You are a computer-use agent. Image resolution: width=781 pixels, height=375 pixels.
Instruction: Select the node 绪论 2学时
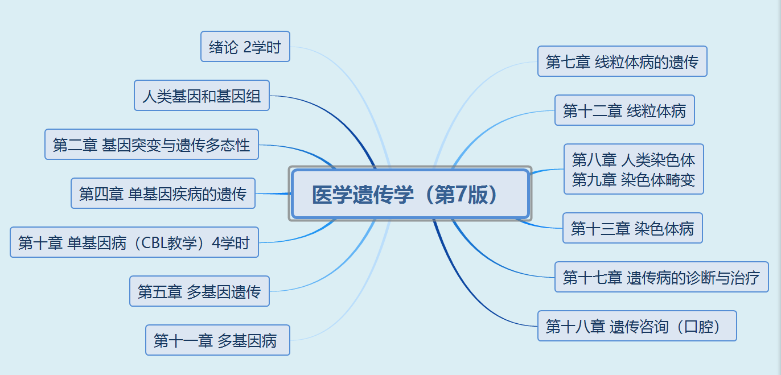[245, 47]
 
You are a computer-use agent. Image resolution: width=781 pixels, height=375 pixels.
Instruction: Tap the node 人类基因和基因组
[202, 96]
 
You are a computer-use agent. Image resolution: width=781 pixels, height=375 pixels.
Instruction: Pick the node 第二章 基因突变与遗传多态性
[151, 145]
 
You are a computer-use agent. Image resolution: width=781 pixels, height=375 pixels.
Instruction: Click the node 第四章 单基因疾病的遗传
[163, 193]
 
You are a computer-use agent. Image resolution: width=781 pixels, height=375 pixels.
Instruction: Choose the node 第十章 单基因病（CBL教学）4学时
[134, 242]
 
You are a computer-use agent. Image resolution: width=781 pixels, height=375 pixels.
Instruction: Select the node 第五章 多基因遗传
[199, 291]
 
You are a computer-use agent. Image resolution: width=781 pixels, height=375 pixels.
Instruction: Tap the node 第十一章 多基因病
[217, 340]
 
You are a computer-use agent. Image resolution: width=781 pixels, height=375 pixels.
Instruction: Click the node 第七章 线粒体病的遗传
[622, 61]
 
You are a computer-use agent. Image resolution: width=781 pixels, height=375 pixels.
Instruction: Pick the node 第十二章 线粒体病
[624, 110]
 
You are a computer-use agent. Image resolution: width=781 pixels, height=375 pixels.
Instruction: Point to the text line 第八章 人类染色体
[634, 159]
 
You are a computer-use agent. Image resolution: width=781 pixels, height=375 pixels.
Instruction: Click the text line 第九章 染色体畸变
[634, 180]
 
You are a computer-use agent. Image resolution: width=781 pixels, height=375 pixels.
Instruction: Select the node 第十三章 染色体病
[632, 228]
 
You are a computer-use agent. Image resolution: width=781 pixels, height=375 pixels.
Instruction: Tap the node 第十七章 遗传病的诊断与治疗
[661, 277]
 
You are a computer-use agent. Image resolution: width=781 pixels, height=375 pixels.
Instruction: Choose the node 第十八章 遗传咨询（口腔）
[637, 326]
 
